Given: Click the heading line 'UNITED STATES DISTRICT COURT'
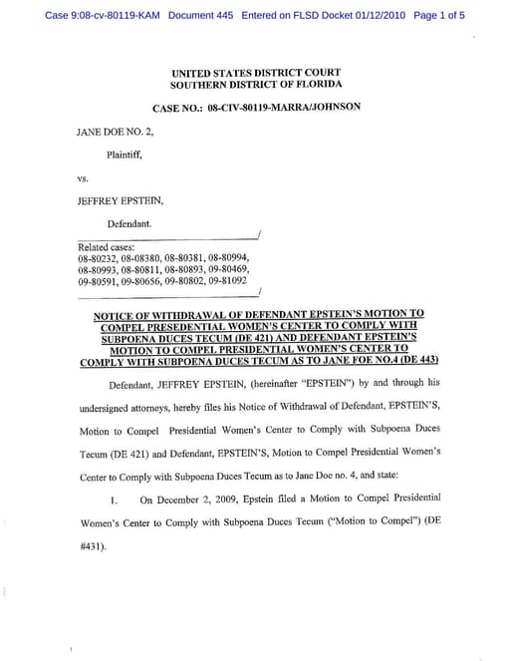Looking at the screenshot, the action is point(256,73).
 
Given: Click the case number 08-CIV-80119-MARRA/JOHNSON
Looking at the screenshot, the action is point(284,106).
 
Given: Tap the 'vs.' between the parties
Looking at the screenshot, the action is point(84,178).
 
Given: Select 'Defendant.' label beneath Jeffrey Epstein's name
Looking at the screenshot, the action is point(129,223).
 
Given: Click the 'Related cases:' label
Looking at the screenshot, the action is point(106,247).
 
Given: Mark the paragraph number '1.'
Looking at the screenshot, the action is point(115,498).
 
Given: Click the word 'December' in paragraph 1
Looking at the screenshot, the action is point(183,497).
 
